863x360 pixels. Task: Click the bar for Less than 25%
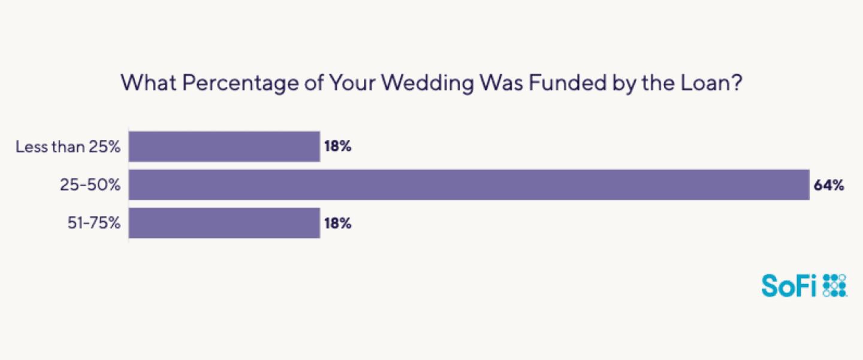coord(224,147)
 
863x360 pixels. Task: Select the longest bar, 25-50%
coord(469,184)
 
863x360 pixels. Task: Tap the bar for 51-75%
coord(224,223)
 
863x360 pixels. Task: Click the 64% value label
coord(828,185)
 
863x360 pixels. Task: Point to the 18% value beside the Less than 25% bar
coord(337,147)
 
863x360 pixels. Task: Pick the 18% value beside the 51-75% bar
coord(337,223)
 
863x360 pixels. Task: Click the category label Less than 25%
coord(68,147)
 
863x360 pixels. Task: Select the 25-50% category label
coord(90,185)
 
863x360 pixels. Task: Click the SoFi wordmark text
coord(789,286)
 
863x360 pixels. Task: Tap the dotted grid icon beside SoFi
coord(835,286)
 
